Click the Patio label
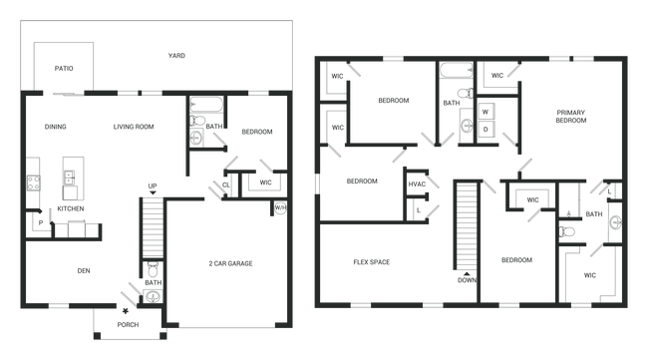coord(63,69)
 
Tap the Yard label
coord(176,55)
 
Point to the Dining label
coord(55,127)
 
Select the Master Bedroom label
coord(571,115)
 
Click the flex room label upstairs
coord(373,262)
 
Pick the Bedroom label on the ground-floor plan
coord(256,132)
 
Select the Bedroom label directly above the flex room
coord(361,181)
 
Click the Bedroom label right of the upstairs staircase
coord(515,260)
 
